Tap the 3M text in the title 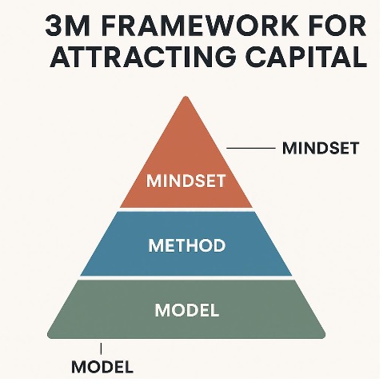coord(67,26)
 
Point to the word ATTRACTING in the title coord(143,57)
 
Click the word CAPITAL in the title coord(306,57)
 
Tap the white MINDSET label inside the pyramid coord(186,181)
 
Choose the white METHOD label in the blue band coord(187,245)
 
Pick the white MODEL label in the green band coord(187,310)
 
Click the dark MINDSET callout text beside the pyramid coord(321,148)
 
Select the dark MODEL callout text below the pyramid coord(102,367)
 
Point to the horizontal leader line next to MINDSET coord(251,148)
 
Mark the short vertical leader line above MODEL coord(101,348)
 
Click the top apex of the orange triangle coord(186,97)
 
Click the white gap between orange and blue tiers coord(186,209)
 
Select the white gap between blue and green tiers coord(186,277)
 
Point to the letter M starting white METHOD coord(155,245)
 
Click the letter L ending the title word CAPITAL coord(360,57)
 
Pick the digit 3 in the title coord(53,26)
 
